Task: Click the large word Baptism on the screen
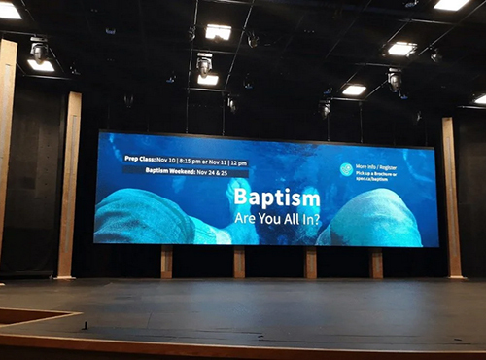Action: [x=276, y=198]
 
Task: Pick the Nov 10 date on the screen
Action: [x=176, y=159]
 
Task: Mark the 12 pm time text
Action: [x=238, y=159]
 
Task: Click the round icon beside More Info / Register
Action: [x=346, y=169]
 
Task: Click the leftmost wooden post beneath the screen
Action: [x=166, y=262]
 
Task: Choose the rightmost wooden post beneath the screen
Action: [x=376, y=263]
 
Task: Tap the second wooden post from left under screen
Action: [x=239, y=262]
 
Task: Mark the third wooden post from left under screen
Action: [x=310, y=263]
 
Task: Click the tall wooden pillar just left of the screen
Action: [x=68, y=185]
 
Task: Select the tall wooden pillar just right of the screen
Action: [x=451, y=197]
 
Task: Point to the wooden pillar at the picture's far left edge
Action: [x=7, y=146]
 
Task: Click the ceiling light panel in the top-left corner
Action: [x=10, y=11]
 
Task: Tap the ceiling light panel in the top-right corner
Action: [x=451, y=5]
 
